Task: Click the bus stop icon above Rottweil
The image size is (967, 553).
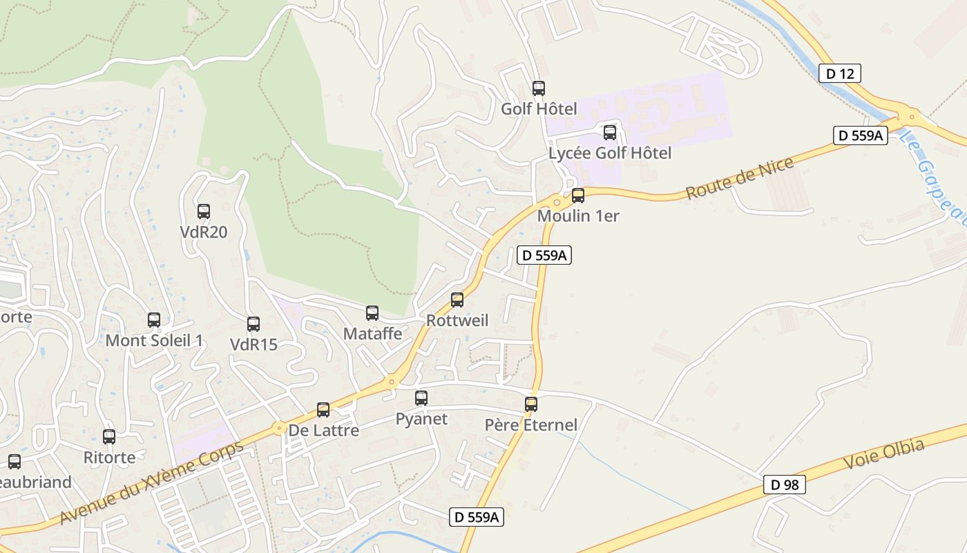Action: tap(457, 300)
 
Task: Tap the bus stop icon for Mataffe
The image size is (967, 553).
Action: tap(372, 313)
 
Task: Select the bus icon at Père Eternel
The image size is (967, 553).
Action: tap(531, 404)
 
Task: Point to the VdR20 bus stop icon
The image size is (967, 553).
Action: tap(204, 212)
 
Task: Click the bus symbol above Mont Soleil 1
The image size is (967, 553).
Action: tap(154, 320)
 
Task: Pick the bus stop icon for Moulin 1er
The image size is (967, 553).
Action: tap(578, 196)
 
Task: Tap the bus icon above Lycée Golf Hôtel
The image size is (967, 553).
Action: tap(610, 133)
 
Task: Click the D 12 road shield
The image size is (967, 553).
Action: tap(840, 73)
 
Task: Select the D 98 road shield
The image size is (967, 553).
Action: tap(785, 485)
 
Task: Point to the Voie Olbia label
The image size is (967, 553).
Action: tap(883, 456)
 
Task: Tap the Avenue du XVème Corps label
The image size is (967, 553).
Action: tap(152, 482)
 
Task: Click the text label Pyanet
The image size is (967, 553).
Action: tap(421, 419)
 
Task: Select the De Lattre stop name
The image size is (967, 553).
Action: tap(323, 430)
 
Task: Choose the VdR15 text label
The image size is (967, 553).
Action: tap(253, 344)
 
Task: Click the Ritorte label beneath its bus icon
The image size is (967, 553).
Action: tap(109, 457)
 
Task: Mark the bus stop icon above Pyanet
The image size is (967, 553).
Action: tap(421, 398)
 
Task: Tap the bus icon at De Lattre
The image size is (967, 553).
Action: tap(323, 410)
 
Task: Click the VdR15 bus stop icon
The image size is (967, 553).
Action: tap(253, 324)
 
